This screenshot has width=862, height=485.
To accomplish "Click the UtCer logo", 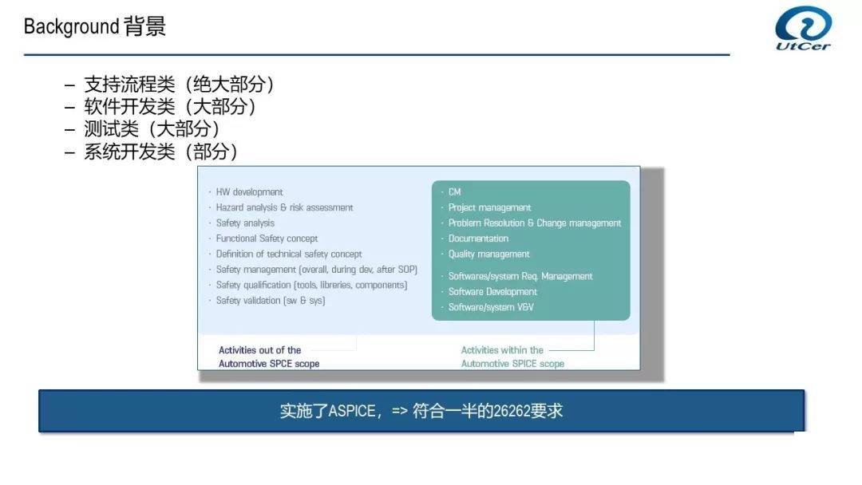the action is coord(803,28).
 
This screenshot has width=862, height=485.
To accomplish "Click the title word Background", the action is coord(72,26).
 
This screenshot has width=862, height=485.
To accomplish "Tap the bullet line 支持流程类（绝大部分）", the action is coord(179,84).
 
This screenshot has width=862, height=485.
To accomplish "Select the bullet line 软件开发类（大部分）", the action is coord(170,107).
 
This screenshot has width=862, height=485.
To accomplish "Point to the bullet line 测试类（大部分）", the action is coord(152,128).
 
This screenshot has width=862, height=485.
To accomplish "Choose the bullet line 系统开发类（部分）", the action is coord(160,151).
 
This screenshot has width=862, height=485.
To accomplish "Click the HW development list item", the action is coord(249,191).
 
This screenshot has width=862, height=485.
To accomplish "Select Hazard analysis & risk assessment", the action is coord(284,207).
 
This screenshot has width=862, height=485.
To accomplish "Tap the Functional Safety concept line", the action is coord(267,239).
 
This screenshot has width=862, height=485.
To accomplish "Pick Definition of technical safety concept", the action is coord(289,254).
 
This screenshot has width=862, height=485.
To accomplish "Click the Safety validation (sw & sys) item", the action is coord(270,301).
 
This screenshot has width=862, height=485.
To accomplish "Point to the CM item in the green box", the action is coord(455,191).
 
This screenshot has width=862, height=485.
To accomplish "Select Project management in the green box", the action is coord(489,207).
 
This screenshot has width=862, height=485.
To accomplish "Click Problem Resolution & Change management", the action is coord(534,223).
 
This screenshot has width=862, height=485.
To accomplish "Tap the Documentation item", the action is coord(478,239).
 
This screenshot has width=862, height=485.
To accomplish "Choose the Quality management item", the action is coord(488,254).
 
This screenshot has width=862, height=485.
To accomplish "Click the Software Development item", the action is coord(492,292).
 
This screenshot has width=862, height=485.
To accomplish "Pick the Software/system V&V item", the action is coord(491,307).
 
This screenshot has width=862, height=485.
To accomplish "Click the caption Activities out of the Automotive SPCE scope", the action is coord(269,357).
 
